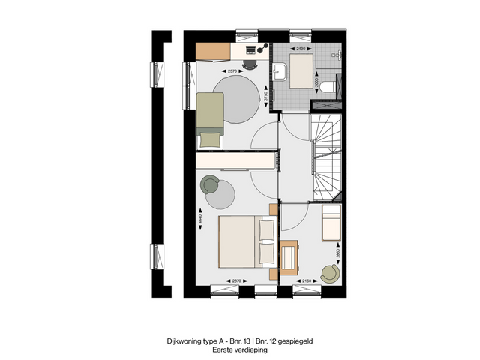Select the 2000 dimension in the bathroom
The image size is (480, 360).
[316, 82]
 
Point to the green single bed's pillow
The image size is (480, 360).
[210, 137]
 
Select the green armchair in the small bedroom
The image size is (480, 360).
[328, 274]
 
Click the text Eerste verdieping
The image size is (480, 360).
[239, 349]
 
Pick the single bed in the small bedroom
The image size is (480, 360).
[330, 225]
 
